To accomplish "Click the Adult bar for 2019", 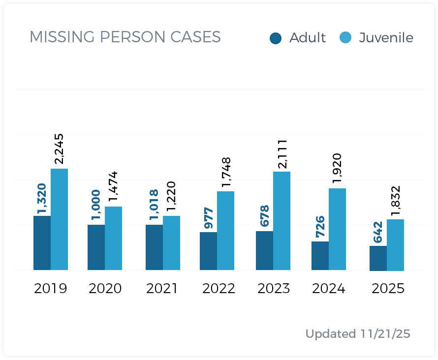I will pos(42,243).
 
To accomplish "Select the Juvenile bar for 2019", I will pos(59,219).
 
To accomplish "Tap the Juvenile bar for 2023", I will pos(282,221).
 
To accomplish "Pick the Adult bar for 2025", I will pos(378,258).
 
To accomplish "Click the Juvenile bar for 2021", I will pos(171,243).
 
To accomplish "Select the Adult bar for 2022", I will pos(208,251).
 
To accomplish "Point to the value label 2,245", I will pos(59,149).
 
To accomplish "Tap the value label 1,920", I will pos(337,169).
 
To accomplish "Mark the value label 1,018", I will pos(154,206).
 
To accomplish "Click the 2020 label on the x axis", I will pos(105,288).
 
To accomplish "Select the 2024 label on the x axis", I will pos(329,288).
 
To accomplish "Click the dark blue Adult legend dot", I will pos(276,38).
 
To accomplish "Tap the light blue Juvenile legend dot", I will pos(346,38).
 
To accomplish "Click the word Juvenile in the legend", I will pos(386,38).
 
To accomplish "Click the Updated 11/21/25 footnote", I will pos(357,334).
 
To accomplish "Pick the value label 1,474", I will pos(113,187).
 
